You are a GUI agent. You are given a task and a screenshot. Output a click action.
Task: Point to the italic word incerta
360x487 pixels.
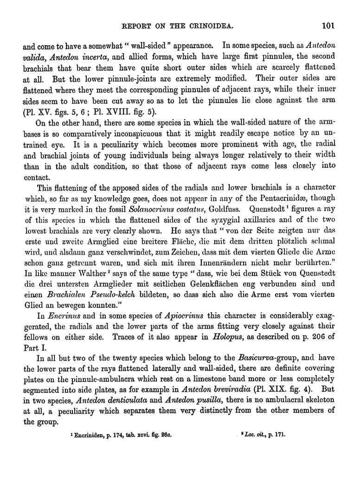(x=96, y=58)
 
